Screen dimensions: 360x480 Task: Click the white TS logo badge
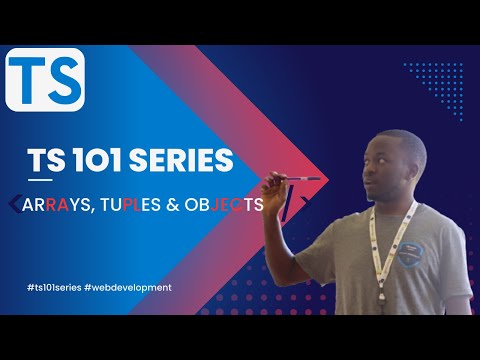(45, 79)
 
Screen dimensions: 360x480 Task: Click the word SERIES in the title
(186, 160)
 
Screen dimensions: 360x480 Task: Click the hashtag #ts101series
(54, 287)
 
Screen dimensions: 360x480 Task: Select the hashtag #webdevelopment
(127, 287)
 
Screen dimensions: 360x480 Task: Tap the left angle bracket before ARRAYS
(24, 204)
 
